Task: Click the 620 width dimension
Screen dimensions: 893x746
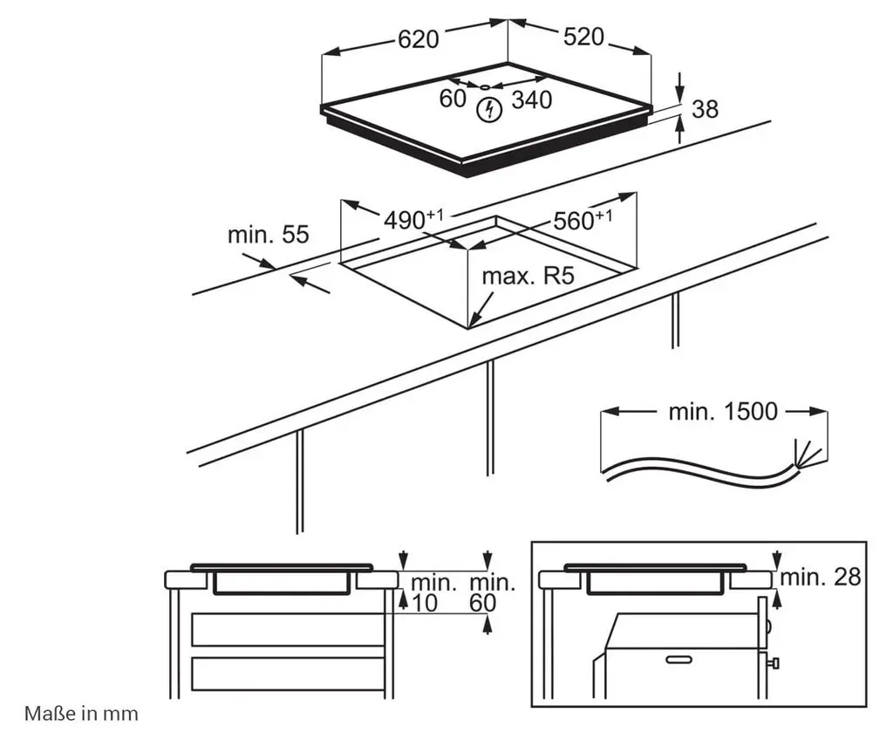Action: pos(419,39)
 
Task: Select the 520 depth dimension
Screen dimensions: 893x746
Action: pos(583,37)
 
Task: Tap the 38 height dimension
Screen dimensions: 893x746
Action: pos(705,109)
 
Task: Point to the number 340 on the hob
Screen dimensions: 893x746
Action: pos(532,99)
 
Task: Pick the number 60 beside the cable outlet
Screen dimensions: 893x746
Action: pos(453,99)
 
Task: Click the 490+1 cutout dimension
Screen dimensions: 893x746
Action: pos(412,219)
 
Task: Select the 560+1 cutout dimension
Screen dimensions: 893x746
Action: pos(583,220)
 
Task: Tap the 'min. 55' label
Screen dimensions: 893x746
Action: pos(268,234)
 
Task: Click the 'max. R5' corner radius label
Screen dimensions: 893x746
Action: pos(528,277)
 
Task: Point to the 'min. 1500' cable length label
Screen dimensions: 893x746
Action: pos(723,412)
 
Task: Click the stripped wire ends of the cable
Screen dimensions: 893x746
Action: pos(808,453)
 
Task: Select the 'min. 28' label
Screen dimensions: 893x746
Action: pos(820,578)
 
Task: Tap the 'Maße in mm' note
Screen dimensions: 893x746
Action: pos(81,714)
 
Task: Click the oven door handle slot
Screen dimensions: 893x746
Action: pos(678,660)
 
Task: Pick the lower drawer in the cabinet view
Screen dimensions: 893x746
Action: pos(288,674)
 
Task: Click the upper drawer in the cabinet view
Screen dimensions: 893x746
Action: pos(288,630)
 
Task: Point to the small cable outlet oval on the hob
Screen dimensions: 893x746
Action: pos(485,87)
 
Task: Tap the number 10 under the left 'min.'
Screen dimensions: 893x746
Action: pos(425,603)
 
